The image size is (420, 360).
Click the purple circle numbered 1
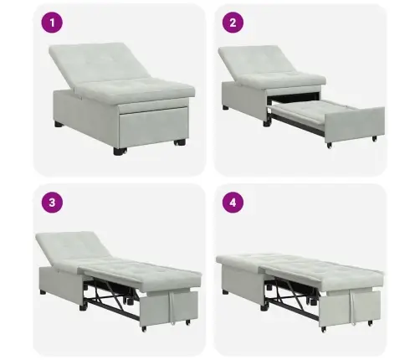pos(52,23)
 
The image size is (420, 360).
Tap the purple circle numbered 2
pos(233,23)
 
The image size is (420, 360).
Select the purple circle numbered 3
pos(52,203)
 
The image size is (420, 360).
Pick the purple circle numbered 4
pos(233,203)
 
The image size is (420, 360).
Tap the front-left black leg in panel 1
pos(120,152)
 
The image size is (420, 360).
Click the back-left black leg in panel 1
pos(59,124)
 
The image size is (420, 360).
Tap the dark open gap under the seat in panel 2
pos(293,98)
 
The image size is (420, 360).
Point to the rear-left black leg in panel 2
pos(226,107)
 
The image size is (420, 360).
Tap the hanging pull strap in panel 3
pos(172,307)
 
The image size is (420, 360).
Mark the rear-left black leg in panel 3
pos(43,293)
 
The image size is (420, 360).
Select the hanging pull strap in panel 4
pos(353,307)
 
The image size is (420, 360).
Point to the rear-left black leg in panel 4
pos(225,292)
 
